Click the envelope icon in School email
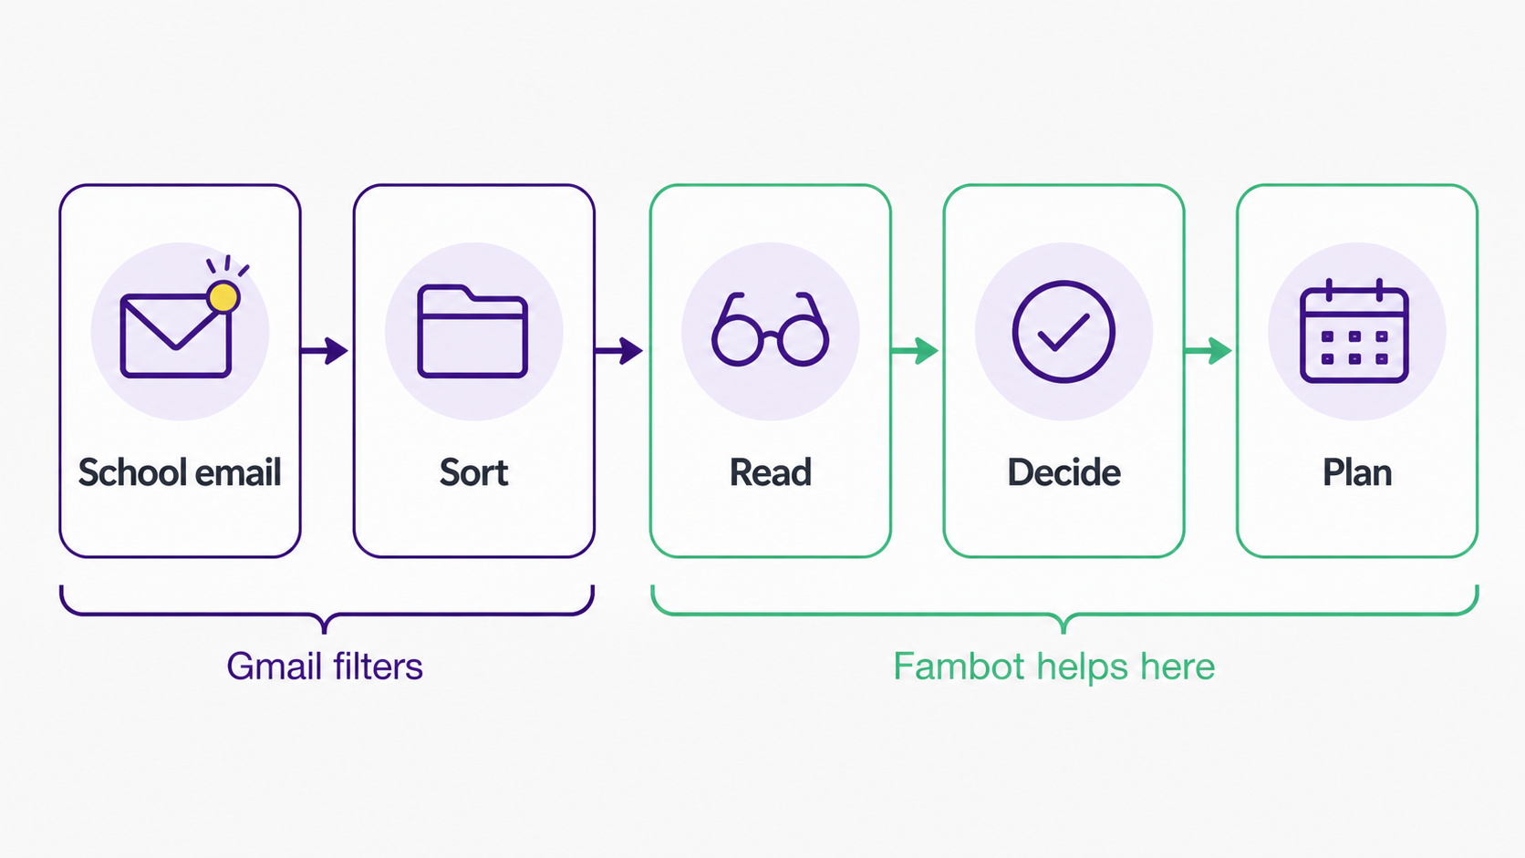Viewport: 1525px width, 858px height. pyautogui.click(x=176, y=335)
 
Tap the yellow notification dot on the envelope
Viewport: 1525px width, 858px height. pyautogui.click(x=223, y=297)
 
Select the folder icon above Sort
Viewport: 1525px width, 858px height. pyautogui.click(x=472, y=331)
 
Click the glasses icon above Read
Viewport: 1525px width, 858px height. pyautogui.click(x=770, y=329)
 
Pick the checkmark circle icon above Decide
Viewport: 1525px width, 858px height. pyautogui.click(x=1063, y=332)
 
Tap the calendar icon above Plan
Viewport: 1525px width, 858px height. pyautogui.click(x=1354, y=331)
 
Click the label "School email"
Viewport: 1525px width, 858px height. pyautogui.click(x=180, y=472)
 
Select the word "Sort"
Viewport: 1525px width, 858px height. pyautogui.click(x=474, y=472)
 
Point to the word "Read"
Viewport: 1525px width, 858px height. pyautogui.click(x=771, y=472)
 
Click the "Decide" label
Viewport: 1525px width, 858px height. pyautogui.click(x=1064, y=472)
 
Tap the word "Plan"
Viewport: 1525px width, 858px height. pyautogui.click(x=1357, y=472)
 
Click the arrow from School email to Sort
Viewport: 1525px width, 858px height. pyautogui.click(x=325, y=351)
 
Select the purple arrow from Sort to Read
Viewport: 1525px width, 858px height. pyautogui.click(x=619, y=351)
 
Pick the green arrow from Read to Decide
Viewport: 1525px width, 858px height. pyautogui.click(x=915, y=351)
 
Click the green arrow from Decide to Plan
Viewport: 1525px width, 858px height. pyautogui.click(x=1209, y=351)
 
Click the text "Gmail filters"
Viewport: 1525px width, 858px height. pyautogui.click(x=325, y=667)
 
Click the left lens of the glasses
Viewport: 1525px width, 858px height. pyautogui.click(x=737, y=339)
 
